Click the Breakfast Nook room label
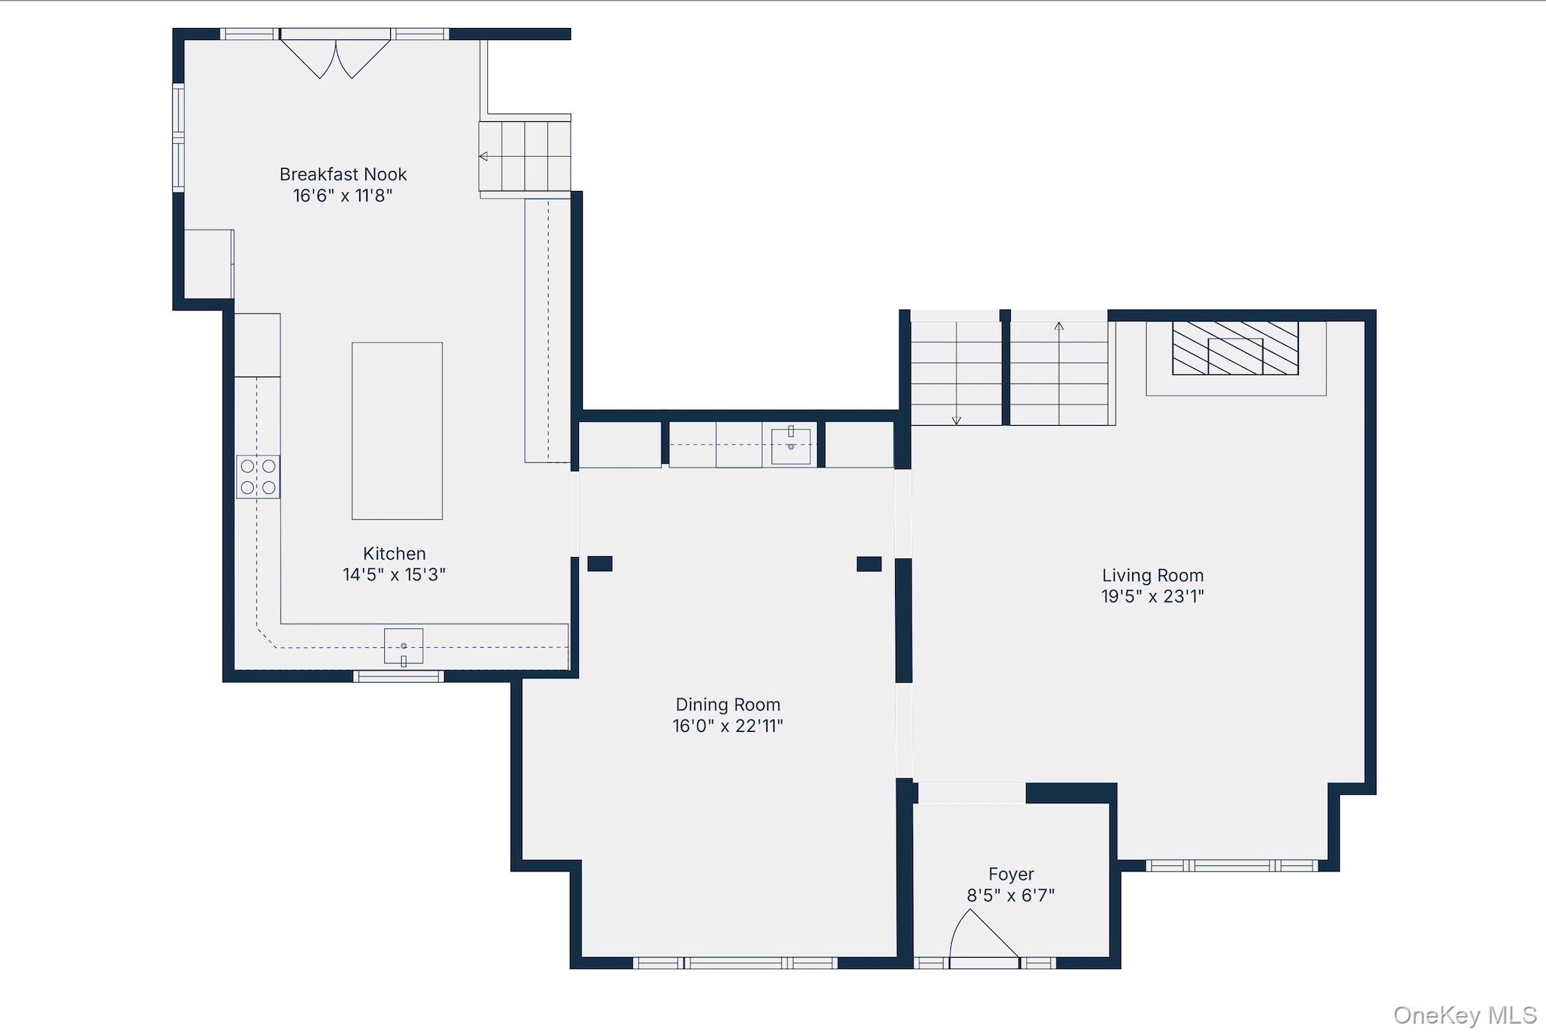coord(343,175)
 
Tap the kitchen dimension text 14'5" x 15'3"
coord(394,575)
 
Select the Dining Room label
coord(728,705)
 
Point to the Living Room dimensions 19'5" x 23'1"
coord(1153,596)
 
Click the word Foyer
coord(1011,874)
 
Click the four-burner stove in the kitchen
coord(258,477)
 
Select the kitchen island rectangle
coord(397,431)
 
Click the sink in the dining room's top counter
coord(790,445)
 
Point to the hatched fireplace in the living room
coord(1235,348)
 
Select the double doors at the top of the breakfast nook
coord(336,55)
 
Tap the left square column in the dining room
coord(599,564)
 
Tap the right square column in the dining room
coord(869,564)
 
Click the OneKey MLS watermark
coord(1464,1015)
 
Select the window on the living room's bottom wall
coord(1231,865)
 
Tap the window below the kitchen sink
coord(399,676)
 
